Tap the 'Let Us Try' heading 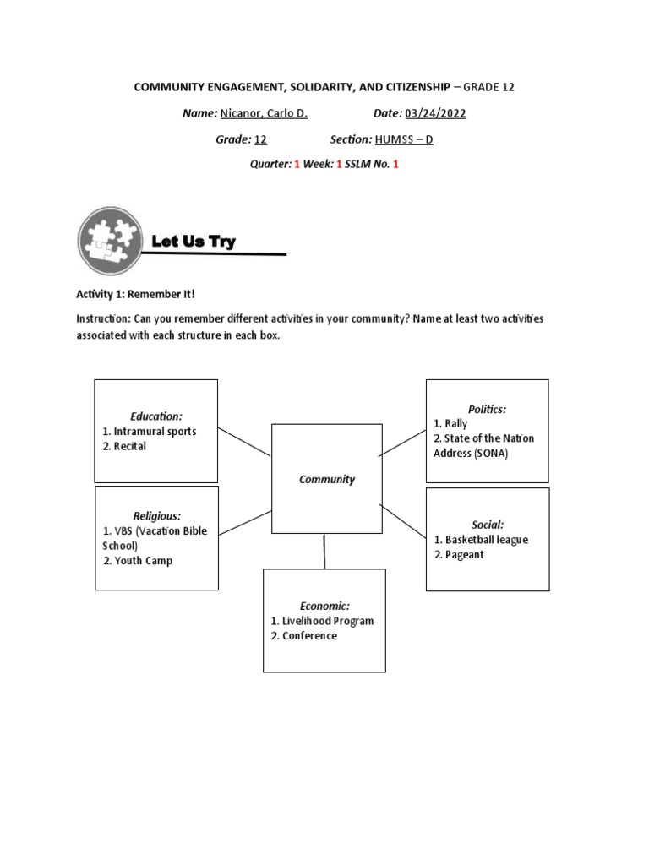pyautogui.click(x=194, y=242)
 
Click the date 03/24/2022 pyautogui.click(x=435, y=114)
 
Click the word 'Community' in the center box pyautogui.click(x=327, y=479)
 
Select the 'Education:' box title pyautogui.click(x=156, y=416)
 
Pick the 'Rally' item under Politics pyautogui.click(x=455, y=424)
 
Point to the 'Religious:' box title pyautogui.click(x=157, y=515)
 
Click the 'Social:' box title pyautogui.click(x=488, y=525)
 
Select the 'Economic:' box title pyautogui.click(x=324, y=606)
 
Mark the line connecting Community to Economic pyautogui.click(x=324, y=551)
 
